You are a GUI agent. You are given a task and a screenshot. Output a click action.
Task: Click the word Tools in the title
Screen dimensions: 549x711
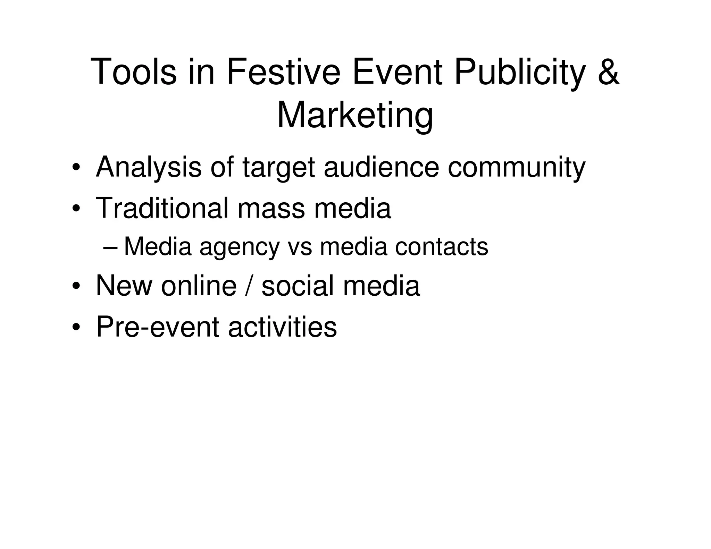134,72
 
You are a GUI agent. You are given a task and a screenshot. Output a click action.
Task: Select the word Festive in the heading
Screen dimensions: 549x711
283,72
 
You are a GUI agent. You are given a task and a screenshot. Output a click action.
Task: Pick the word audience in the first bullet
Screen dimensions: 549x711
382,168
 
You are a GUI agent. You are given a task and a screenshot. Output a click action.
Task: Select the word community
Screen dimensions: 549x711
517,168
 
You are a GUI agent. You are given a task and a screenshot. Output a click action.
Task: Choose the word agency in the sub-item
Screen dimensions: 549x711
240,247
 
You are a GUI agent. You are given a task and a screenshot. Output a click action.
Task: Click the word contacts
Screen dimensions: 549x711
442,247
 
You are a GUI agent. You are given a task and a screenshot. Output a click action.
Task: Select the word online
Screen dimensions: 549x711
199,286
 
